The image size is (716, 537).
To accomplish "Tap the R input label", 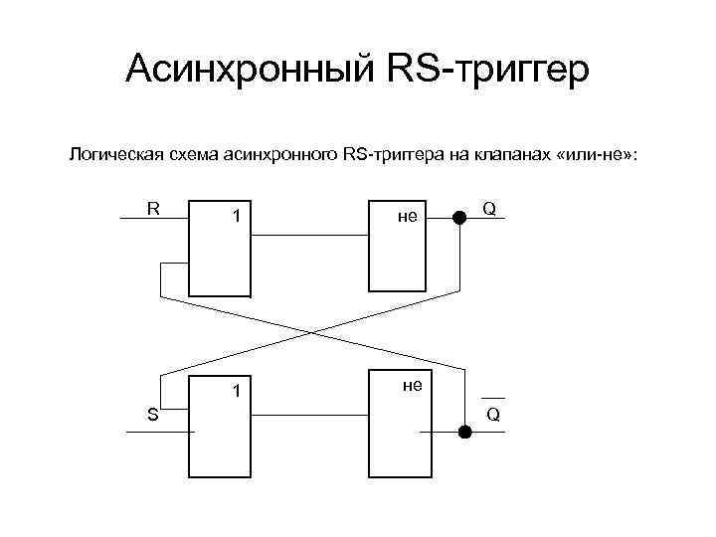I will point(153,208).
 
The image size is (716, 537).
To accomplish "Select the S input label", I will point(153,415).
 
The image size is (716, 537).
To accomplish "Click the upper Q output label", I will point(488,209).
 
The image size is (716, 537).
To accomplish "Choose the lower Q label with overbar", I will point(491,413).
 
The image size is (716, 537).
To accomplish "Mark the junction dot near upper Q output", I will point(458,218).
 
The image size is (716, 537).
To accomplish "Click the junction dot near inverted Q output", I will point(463,432).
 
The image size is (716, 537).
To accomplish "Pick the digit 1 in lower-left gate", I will point(236,391).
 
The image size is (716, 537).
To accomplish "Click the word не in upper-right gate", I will point(407,216).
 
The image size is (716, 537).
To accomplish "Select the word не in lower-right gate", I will point(412,384).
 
